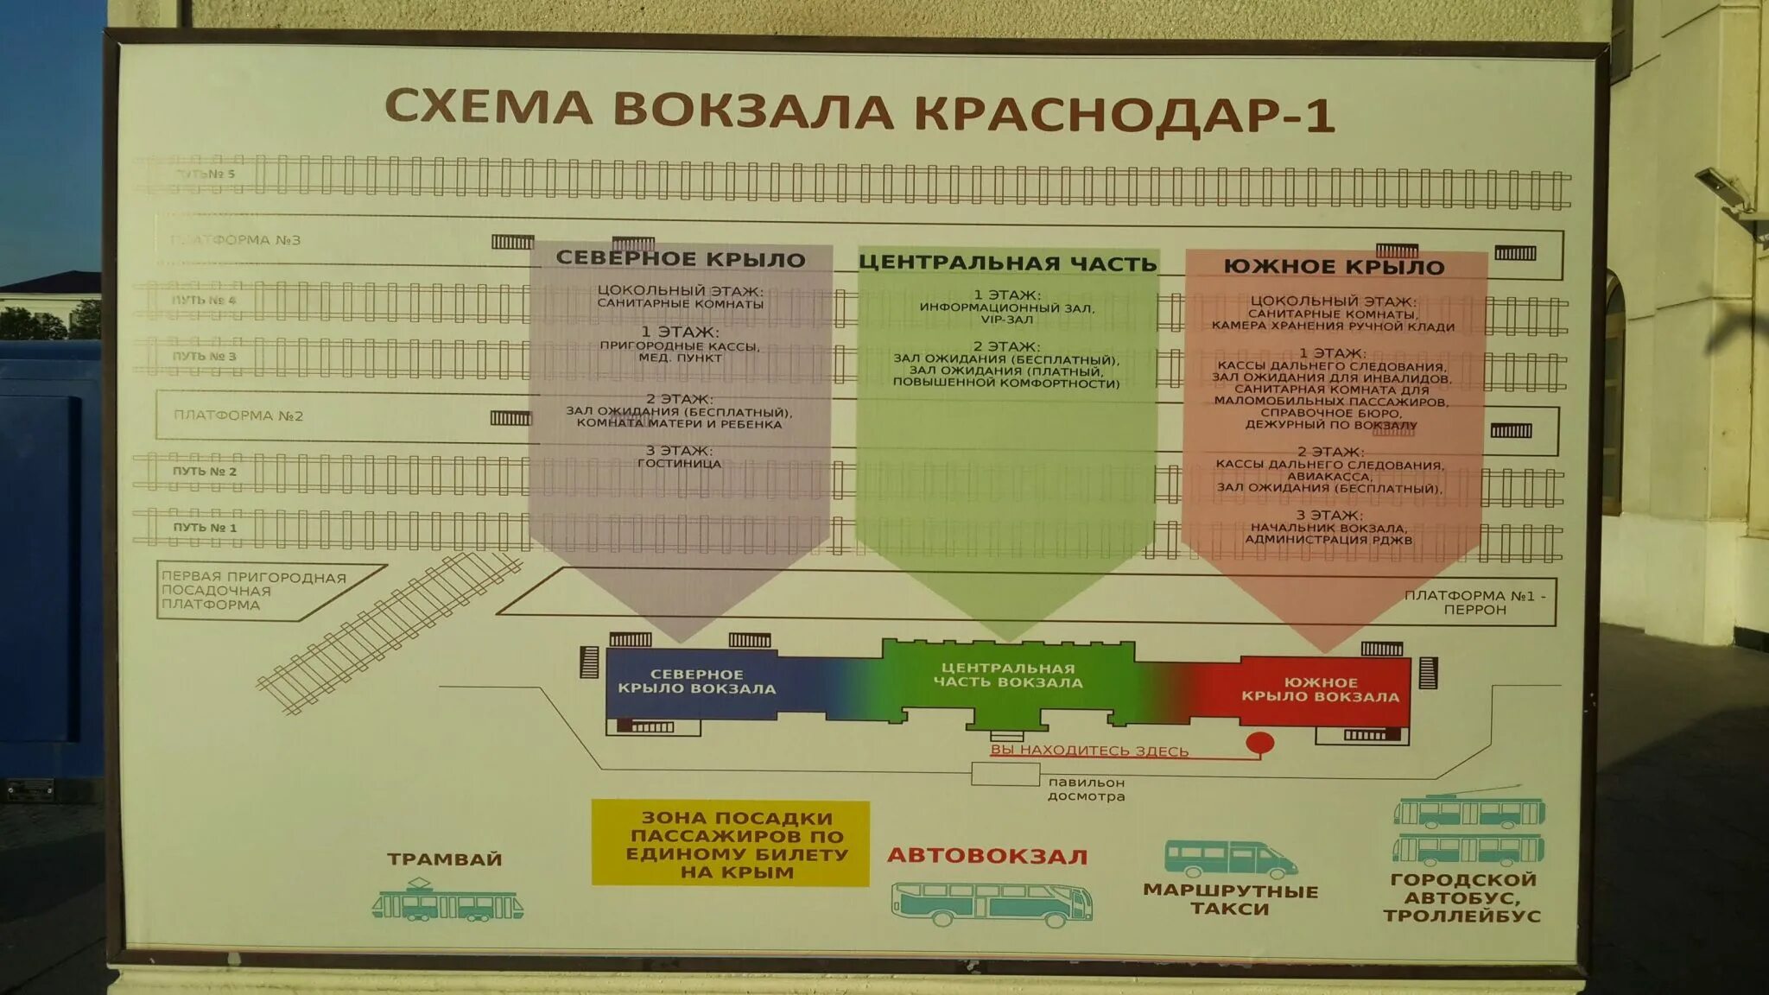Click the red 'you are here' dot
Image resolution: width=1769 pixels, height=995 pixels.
(x=1259, y=743)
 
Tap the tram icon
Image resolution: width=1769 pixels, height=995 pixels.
(x=447, y=901)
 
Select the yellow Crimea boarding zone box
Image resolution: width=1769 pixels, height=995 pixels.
(x=731, y=843)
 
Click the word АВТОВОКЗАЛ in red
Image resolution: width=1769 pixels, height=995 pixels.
(x=987, y=856)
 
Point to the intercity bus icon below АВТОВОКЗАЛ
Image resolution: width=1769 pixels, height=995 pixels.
(x=992, y=903)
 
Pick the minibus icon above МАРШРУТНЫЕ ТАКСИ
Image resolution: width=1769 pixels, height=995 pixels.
(x=1230, y=859)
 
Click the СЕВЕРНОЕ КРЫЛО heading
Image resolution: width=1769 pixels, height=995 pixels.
(x=681, y=258)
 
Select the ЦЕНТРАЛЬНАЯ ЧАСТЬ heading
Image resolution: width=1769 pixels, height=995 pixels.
(x=1007, y=263)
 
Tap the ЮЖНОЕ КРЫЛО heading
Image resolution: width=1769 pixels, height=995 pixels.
(x=1334, y=267)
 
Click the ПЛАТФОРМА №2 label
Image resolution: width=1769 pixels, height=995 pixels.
(x=238, y=415)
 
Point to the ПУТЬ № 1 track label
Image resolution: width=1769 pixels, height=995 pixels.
(x=205, y=528)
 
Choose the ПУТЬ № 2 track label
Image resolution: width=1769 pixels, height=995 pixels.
(x=205, y=472)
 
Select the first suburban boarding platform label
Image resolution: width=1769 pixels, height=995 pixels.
(x=253, y=591)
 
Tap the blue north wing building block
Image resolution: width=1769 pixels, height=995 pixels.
(x=696, y=682)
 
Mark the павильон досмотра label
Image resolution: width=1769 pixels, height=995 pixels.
(x=1086, y=789)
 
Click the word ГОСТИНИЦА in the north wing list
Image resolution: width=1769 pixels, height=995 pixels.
(x=679, y=464)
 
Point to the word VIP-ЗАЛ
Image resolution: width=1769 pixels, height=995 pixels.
(x=1006, y=320)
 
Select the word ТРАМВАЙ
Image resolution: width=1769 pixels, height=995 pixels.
(x=444, y=859)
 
